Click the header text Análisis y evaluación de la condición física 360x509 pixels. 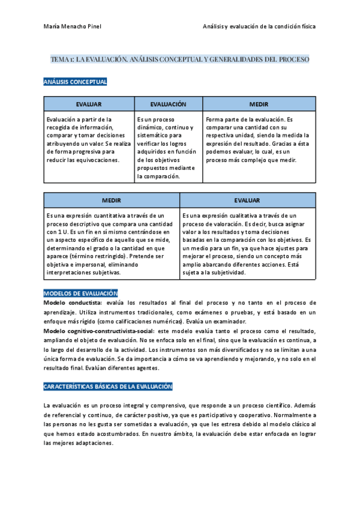[259, 27]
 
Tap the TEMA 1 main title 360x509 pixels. [180, 60]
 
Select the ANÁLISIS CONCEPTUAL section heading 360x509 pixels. [75, 82]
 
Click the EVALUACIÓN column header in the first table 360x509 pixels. [169, 104]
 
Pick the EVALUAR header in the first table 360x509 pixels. [89, 104]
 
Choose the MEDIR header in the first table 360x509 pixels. [259, 104]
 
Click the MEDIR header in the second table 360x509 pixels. [112, 200]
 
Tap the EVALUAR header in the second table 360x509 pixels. [247, 200]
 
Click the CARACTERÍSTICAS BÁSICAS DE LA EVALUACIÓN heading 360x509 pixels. [108, 370]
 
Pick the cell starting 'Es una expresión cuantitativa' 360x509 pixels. [112, 243]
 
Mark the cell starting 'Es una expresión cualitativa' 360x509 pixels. [247, 243]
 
